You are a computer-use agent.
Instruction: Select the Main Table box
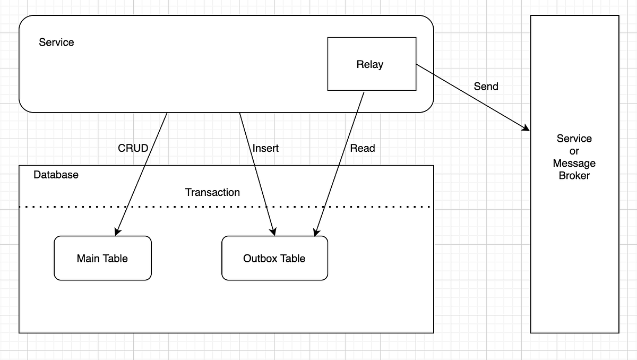click(x=102, y=259)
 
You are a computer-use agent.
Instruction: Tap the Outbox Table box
click(x=274, y=259)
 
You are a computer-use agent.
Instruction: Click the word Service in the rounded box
click(x=56, y=42)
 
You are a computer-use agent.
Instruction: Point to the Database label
click(x=56, y=175)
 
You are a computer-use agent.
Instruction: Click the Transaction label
click(x=212, y=192)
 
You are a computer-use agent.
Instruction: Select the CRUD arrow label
click(x=133, y=148)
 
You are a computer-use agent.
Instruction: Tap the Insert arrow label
click(x=265, y=148)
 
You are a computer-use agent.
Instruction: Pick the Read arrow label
click(x=362, y=148)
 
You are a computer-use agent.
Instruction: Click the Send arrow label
click(x=486, y=86)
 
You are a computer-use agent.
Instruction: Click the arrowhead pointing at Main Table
click(x=116, y=232)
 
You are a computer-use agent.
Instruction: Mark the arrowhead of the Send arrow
click(x=527, y=128)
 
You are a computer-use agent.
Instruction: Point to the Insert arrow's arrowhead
click(x=273, y=232)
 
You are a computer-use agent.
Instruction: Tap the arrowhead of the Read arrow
click(x=316, y=232)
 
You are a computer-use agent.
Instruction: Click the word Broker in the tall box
click(x=574, y=176)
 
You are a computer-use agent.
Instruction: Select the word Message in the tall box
click(x=574, y=163)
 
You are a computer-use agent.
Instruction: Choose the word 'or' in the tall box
click(x=574, y=151)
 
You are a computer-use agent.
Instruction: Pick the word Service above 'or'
click(x=574, y=139)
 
